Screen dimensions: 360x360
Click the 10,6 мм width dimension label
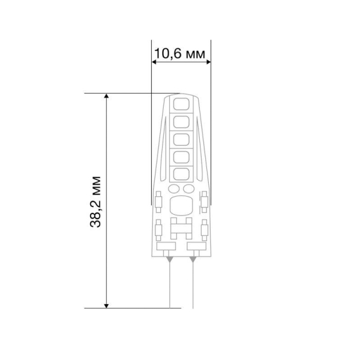click(179, 54)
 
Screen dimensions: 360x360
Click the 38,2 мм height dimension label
click(95, 202)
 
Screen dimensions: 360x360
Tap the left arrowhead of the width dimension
click(154, 62)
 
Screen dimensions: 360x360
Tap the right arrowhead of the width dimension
click(208, 62)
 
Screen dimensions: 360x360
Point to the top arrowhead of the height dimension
click(106, 96)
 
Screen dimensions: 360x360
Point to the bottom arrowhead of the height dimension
click(106, 306)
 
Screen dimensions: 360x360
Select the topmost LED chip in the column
click(181, 104)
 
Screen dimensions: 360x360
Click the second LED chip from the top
click(181, 122)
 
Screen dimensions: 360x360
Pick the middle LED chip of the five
click(181, 140)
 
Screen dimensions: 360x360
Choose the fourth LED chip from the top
click(181, 157)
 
